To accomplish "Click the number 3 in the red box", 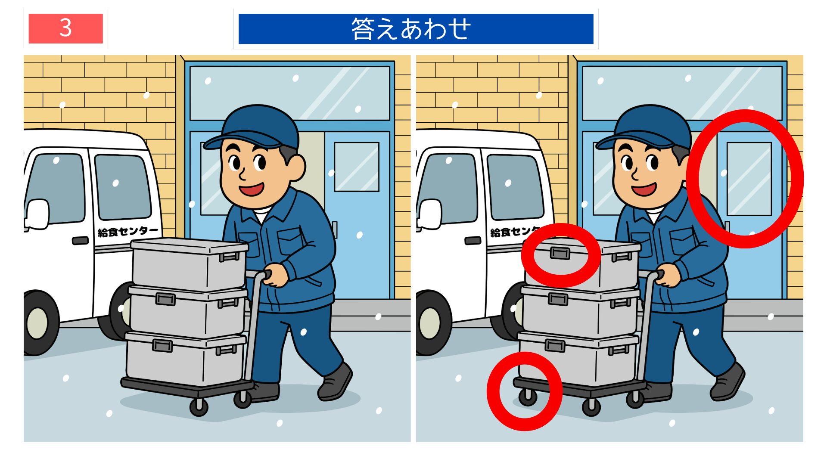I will (x=65, y=28).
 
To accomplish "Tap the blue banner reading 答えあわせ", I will (x=416, y=29).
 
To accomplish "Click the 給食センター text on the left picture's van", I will (x=128, y=232).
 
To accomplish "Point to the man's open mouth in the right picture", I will (x=644, y=189).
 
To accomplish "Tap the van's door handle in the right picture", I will (x=473, y=240).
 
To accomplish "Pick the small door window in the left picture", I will (x=357, y=167).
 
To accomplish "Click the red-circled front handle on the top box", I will (x=560, y=253).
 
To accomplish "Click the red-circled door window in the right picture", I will (x=749, y=178).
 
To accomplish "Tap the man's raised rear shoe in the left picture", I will (x=335, y=381).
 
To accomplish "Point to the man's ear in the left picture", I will (x=296, y=167).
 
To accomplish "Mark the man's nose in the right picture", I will (x=634, y=174).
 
